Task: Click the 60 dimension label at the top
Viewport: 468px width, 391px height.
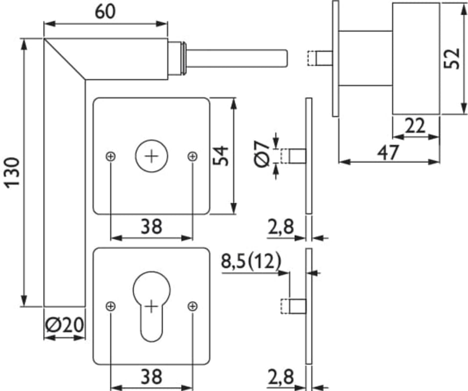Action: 106,11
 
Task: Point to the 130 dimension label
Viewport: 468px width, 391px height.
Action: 12,172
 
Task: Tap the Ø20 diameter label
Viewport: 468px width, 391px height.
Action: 64,325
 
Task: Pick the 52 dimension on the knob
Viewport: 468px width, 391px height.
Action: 453,58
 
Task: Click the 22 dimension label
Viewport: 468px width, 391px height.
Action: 415,127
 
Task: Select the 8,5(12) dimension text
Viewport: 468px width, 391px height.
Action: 251,261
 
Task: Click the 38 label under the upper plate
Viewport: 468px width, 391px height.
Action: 151,226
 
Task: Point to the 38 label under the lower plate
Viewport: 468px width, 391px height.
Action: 151,377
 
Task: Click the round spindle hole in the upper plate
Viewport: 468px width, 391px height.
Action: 151,156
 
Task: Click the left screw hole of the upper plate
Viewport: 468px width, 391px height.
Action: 111,156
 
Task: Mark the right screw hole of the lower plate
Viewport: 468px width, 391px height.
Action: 192,306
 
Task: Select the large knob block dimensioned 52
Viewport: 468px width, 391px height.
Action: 415,59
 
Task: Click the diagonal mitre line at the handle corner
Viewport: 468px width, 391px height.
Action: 64,59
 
